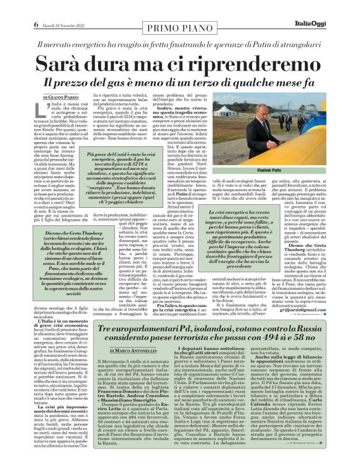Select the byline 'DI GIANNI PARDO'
pos(63,97)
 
